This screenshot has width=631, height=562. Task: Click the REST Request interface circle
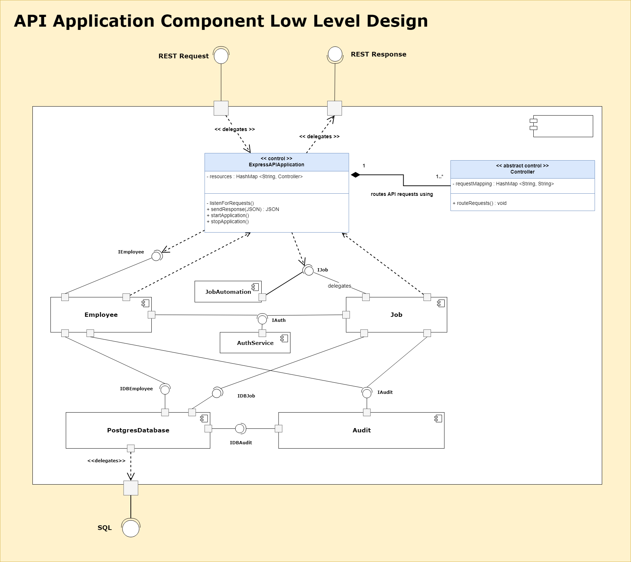[x=221, y=56]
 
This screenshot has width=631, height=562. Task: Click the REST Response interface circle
[x=335, y=54]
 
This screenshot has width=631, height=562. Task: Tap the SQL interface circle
[x=130, y=529]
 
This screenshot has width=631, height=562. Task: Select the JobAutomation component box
[x=227, y=292]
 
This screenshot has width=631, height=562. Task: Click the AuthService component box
[x=255, y=343]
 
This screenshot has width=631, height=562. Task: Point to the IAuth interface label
[x=279, y=320]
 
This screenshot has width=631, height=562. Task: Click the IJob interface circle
[x=309, y=270]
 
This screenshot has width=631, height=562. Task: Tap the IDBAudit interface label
[x=241, y=442]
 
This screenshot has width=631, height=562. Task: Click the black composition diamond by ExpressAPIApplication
[x=355, y=175]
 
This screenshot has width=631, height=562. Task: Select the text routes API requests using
[x=402, y=194]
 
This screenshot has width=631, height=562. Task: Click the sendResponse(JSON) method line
[x=243, y=209]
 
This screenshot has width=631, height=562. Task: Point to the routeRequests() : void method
[x=479, y=203]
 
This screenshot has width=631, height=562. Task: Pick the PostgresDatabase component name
[x=138, y=430]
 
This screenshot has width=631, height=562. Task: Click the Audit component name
[x=361, y=430]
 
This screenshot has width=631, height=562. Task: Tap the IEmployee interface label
[x=131, y=252]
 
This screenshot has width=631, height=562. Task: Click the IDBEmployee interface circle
[x=165, y=390]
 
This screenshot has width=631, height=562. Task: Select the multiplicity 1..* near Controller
[x=439, y=176]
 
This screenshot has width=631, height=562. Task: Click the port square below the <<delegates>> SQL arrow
[x=131, y=488]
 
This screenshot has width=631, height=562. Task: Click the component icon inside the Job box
[x=441, y=304]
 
